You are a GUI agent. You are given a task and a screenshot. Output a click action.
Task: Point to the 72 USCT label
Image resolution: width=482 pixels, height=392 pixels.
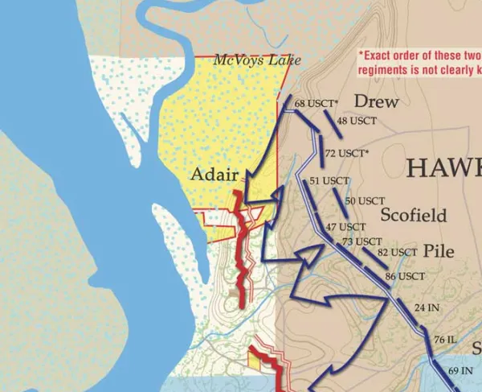pyautogui.click(x=347, y=153)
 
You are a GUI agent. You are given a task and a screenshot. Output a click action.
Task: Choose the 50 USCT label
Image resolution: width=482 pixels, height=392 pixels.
pyautogui.click(x=366, y=200)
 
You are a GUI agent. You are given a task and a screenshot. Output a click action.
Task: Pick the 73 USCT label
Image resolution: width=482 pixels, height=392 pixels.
pyautogui.click(x=362, y=241)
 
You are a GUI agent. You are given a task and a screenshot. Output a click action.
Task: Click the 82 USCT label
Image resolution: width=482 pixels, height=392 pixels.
pyautogui.click(x=398, y=252)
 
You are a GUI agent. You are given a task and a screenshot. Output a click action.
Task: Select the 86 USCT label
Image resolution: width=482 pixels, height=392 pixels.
pyautogui.click(x=405, y=276)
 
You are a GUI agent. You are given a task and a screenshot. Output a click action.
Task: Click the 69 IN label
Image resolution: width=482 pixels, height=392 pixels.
pyautogui.click(x=460, y=370)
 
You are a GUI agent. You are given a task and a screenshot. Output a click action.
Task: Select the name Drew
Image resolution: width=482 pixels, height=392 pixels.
pyautogui.click(x=377, y=101)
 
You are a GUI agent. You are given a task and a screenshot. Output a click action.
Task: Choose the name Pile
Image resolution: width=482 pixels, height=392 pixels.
pyautogui.click(x=438, y=250)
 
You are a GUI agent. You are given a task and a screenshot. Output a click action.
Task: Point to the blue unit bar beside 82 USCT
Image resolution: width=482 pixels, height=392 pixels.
pyautogui.click(x=372, y=257)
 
